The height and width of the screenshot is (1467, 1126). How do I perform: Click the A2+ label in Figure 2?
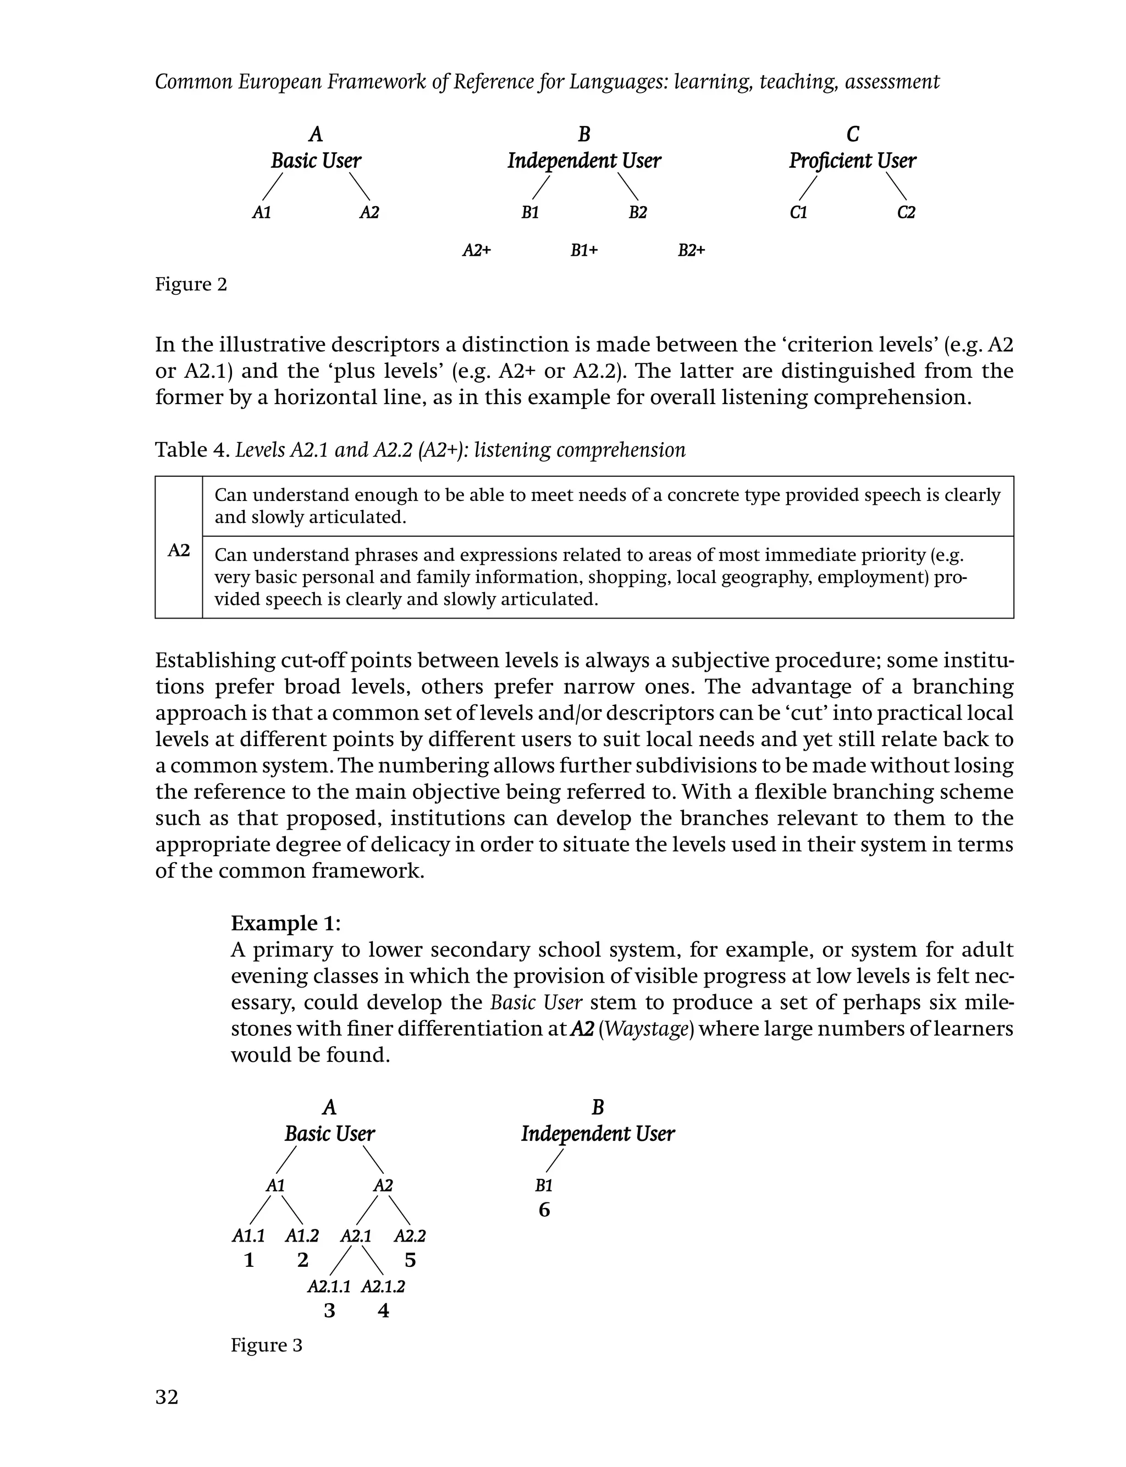[x=477, y=251]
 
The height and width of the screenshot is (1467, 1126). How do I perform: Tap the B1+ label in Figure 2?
[x=584, y=251]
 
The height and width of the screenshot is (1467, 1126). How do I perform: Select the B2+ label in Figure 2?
[x=691, y=251]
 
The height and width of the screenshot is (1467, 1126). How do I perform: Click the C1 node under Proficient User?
[x=798, y=212]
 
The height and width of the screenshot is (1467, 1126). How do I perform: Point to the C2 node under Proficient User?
[x=906, y=212]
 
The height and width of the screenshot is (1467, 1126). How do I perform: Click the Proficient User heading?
[x=852, y=161]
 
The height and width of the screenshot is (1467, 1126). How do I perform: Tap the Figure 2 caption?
[x=191, y=284]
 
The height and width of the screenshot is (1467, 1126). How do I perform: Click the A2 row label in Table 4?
[x=178, y=550]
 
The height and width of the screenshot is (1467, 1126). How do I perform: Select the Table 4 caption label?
[x=192, y=450]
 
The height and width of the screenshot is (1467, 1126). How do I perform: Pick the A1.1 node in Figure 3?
[x=249, y=1235]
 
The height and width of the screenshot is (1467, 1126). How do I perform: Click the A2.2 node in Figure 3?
[x=410, y=1235]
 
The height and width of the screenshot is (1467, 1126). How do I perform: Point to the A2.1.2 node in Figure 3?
[x=383, y=1286]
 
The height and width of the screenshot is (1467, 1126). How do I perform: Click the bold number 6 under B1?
[x=544, y=1210]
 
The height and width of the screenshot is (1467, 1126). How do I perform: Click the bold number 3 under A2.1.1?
[x=329, y=1310]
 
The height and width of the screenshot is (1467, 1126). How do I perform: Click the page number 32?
[x=167, y=1397]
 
